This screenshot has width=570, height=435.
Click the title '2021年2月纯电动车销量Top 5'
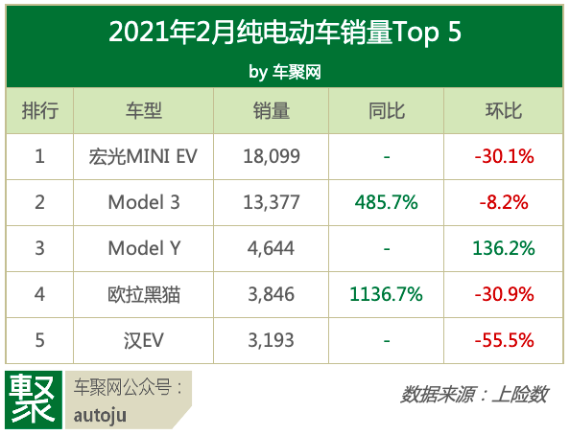coord(285,33)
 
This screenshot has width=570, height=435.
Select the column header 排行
coord(39,111)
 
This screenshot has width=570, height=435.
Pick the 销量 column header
coord(273,111)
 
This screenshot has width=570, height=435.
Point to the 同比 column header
coord(386,111)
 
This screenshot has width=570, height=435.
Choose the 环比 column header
coord(503,111)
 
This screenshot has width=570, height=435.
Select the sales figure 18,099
coord(272,156)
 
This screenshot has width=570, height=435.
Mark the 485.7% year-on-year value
coord(386,202)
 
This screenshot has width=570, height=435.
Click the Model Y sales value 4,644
coord(272,248)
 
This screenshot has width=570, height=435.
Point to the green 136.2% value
coord(503,248)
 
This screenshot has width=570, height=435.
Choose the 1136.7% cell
coord(386,294)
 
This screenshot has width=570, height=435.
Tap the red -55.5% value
coord(503,340)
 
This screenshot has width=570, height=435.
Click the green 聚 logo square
coord(33,399)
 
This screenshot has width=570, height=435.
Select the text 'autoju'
coord(100,416)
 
